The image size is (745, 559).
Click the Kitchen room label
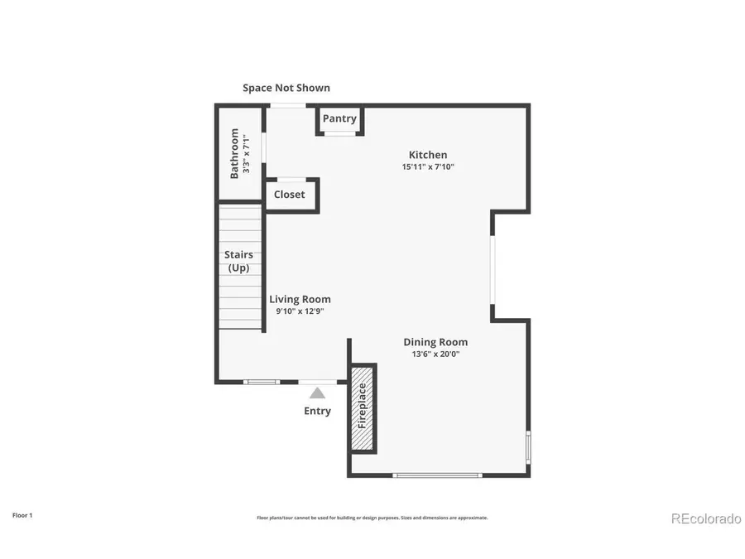click(x=428, y=155)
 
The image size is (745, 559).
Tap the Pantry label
click(x=339, y=118)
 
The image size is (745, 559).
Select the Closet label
click(x=290, y=195)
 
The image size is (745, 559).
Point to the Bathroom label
click(x=234, y=153)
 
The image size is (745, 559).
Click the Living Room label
click(x=300, y=300)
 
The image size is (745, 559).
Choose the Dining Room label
click(x=435, y=342)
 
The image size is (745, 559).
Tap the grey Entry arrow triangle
click(x=318, y=393)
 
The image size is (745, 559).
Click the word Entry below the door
click(x=318, y=411)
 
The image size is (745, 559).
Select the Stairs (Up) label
click(x=238, y=262)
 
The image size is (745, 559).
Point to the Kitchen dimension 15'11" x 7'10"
click(x=428, y=167)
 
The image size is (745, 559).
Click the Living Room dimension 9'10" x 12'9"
click(x=300, y=312)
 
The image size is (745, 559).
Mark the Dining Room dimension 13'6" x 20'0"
click(x=435, y=354)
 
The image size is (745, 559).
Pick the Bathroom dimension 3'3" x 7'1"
click(x=247, y=153)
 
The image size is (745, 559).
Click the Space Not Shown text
click(x=286, y=88)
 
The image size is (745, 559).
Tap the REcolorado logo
click(x=705, y=518)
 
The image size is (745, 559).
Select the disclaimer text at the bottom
click(x=372, y=518)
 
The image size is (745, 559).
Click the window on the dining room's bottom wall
click(x=437, y=475)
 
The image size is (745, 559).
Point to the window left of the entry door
click(x=262, y=382)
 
